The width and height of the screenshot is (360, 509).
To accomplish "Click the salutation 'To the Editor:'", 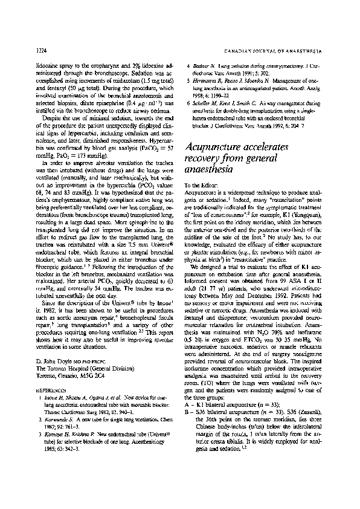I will click(199, 184).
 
